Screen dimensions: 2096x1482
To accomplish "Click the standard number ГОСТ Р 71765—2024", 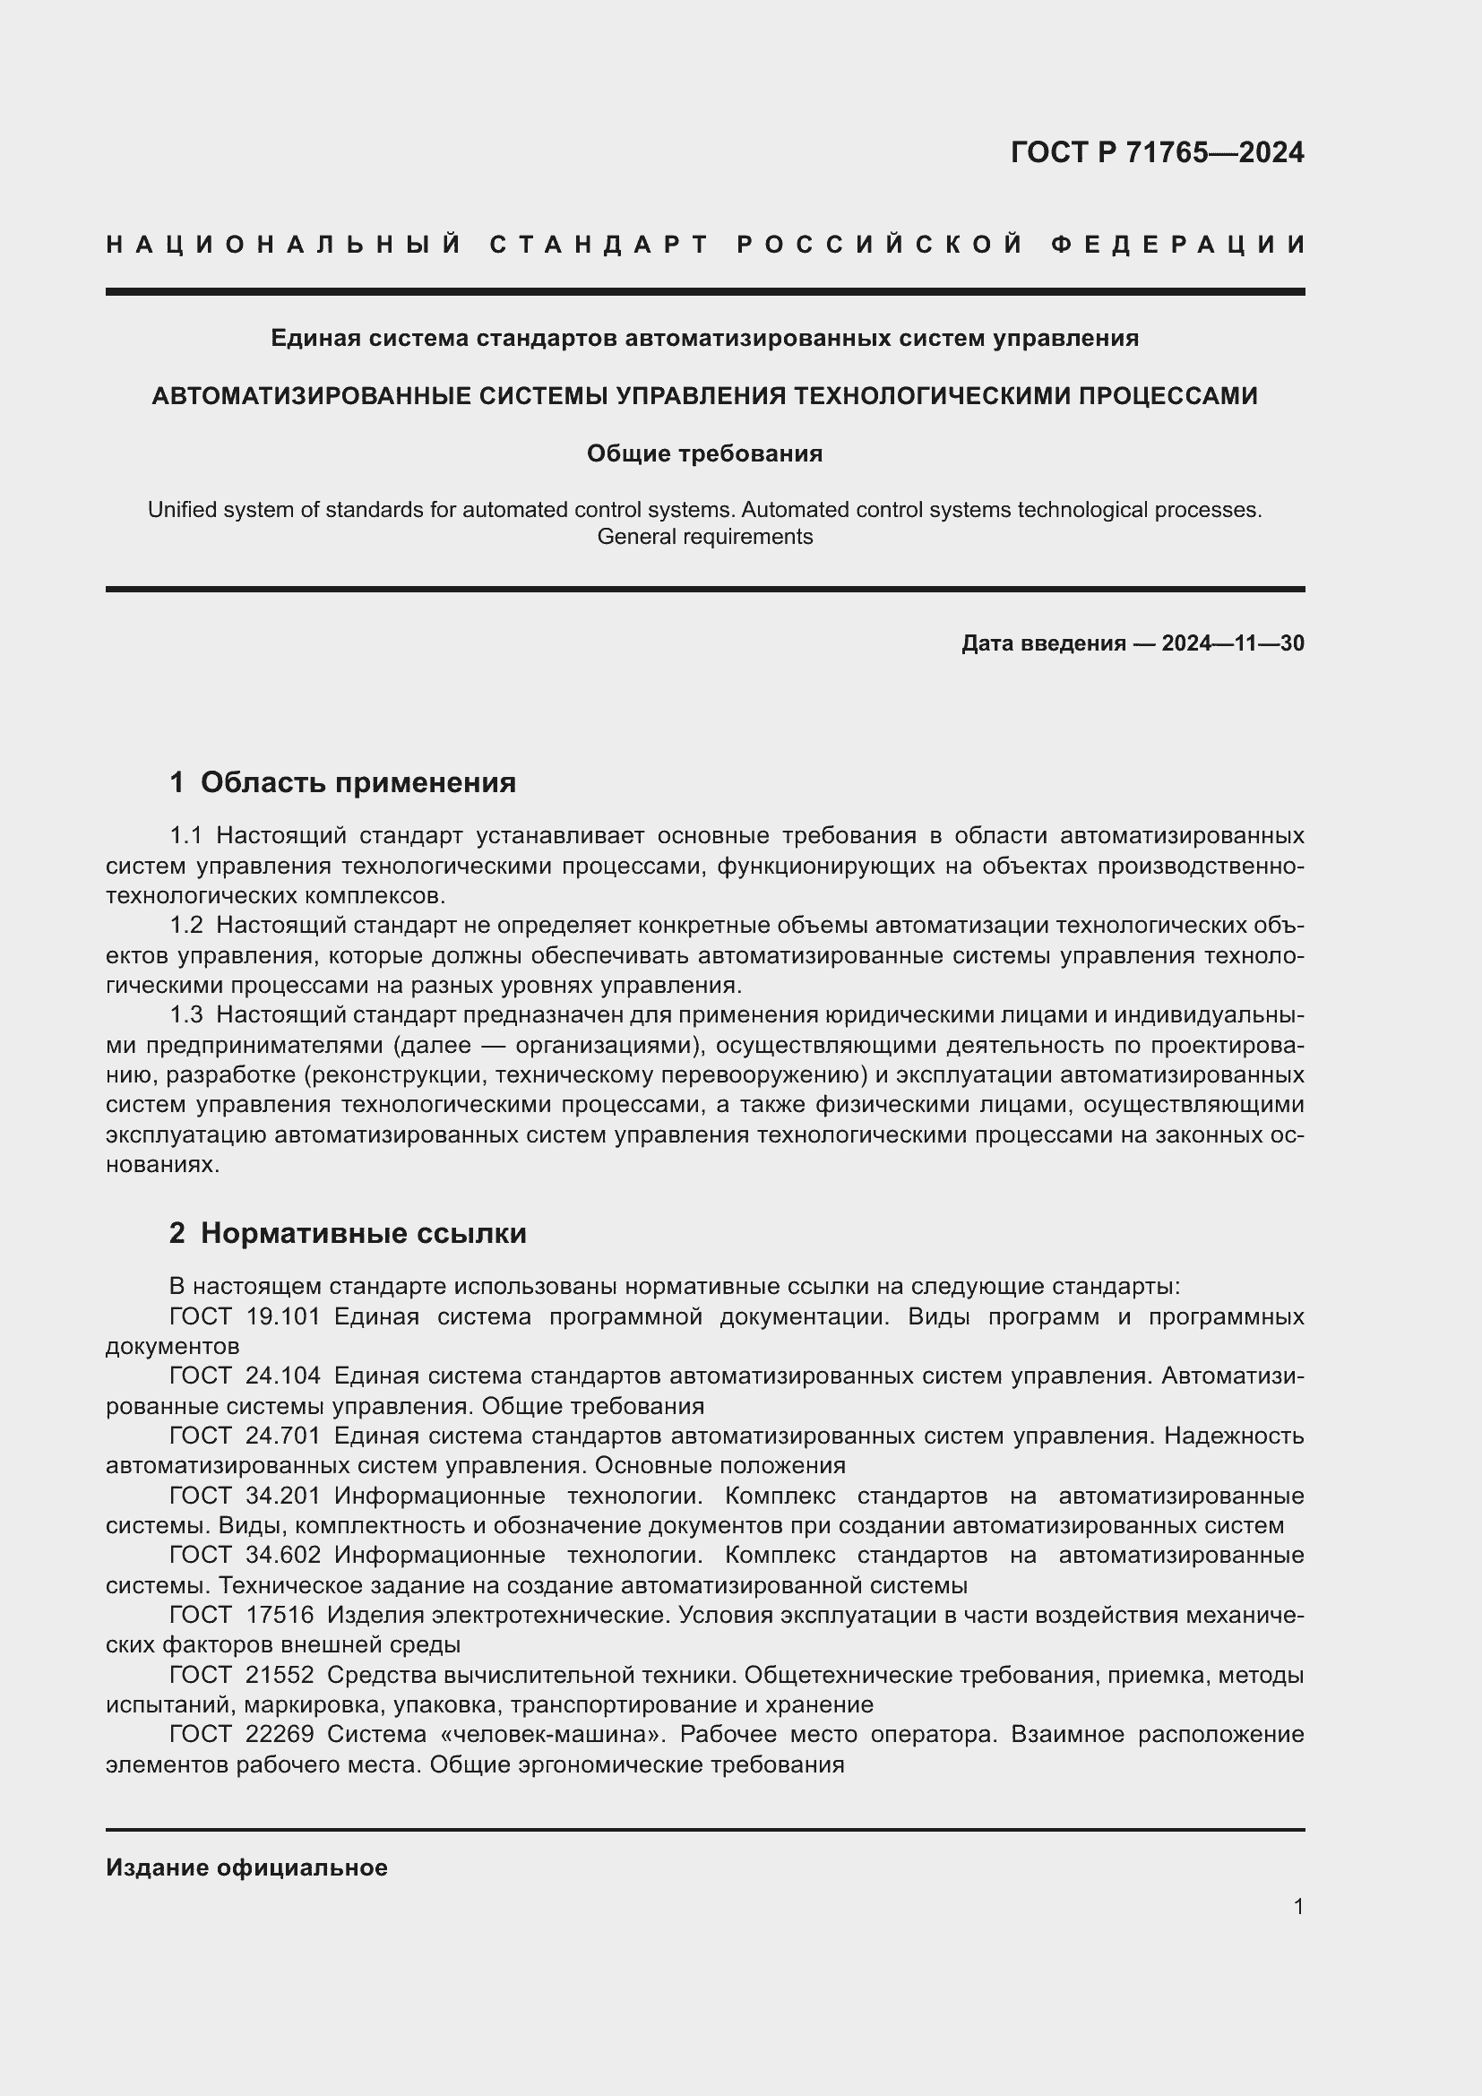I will tap(1156, 152).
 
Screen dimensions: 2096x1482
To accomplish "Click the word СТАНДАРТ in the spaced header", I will tap(599, 245).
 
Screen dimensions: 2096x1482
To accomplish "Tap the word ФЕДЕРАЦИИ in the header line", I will tap(1177, 245).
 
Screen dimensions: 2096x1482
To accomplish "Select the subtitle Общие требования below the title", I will tap(703, 453).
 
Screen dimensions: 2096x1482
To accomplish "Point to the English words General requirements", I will tap(703, 537).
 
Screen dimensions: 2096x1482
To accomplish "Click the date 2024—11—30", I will tap(1232, 643).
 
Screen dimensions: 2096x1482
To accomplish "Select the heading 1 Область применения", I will tap(342, 782).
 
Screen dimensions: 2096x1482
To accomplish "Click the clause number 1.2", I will tap(186, 926).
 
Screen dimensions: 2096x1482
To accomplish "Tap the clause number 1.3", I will tap(186, 1015).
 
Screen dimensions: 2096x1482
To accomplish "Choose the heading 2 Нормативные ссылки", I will tap(348, 1233).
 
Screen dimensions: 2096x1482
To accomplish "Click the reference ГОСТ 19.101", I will tap(245, 1317).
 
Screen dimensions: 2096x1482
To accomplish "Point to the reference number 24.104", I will tap(283, 1376).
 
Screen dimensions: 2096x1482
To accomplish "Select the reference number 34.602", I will tap(283, 1556).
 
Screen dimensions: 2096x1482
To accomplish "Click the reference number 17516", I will tap(280, 1616).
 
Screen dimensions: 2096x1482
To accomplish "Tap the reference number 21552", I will tap(280, 1675).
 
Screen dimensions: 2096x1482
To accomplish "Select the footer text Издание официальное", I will tap(246, 1867).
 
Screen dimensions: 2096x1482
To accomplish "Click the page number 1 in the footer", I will tap(1297, 1907).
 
